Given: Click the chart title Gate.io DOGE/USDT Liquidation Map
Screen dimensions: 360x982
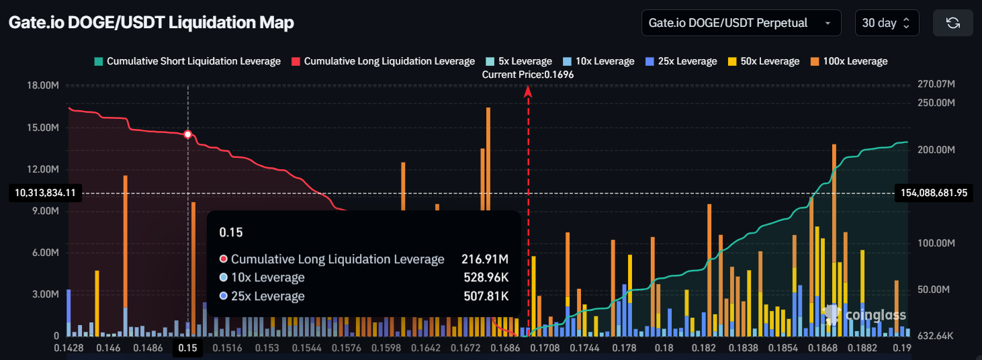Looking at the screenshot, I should (151, 23).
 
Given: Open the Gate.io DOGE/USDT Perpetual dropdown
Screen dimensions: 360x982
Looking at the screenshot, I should (741, 23).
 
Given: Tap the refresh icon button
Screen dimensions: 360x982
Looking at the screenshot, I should (952, 23).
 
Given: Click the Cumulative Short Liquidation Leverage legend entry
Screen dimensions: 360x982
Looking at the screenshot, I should (187, 61).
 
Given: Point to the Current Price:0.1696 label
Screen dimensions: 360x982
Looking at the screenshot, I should (528, 75).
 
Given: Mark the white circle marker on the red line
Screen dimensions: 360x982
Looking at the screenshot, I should (188, 134).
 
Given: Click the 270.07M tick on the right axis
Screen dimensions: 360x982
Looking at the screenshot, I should (935, 85).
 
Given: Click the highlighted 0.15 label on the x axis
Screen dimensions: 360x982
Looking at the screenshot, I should (188, 348).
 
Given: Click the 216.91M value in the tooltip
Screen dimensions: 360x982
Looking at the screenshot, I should (484, 259).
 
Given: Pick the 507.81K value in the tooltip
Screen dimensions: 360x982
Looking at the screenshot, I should (484, 296).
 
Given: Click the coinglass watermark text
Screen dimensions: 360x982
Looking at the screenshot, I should (875, 315).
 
